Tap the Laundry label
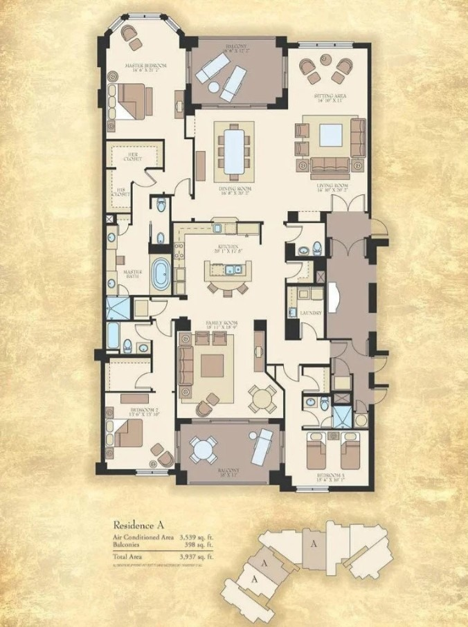[x=309, y=314]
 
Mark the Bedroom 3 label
[x=330, y=475]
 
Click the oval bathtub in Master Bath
[x=161, y=275]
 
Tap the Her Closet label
[x=134, y=156]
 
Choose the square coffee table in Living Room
[x=331, y=134]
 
